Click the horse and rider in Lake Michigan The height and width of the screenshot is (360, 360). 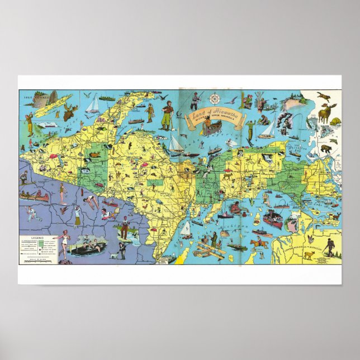258,244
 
